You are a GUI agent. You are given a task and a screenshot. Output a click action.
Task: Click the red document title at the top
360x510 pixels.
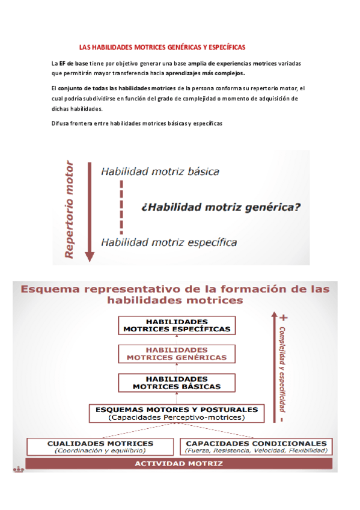point(162,47)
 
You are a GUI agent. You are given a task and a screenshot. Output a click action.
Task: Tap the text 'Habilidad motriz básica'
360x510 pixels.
point(160,171)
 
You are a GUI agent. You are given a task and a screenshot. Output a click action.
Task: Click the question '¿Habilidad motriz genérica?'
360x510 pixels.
point(221,207)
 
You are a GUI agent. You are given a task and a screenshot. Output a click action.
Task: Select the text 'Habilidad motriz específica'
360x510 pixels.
point(168,242)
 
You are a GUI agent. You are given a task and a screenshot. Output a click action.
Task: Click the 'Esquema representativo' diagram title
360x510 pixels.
point(175,294)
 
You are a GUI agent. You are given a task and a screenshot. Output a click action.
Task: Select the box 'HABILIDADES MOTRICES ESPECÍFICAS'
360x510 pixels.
point(177,325)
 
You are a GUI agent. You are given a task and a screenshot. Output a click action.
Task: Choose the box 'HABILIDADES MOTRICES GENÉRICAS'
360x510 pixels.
point(177,354)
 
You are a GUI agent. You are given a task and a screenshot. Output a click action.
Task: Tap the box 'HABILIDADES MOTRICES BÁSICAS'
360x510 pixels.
point(177,382)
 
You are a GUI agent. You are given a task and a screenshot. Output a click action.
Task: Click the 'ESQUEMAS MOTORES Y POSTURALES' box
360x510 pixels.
point(176,413)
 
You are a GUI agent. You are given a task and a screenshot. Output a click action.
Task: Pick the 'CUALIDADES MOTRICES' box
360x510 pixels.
point(100,446)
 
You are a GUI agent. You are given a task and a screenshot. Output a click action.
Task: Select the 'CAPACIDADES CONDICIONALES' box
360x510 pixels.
point(256,446)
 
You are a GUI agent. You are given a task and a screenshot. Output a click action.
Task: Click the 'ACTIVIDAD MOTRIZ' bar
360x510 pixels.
point(178,464)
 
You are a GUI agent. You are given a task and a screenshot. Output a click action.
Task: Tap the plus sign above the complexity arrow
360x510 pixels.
point(283,316)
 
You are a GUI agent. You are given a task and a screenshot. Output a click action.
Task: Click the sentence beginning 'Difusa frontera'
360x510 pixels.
point(137,123)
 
